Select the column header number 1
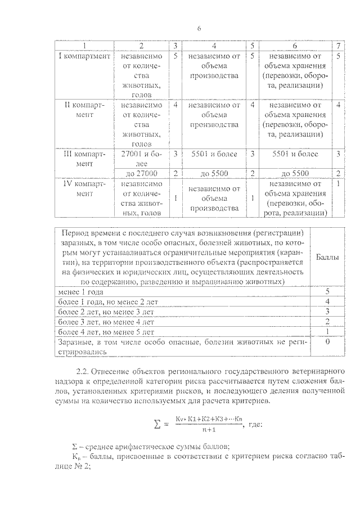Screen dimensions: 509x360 click(85, 46)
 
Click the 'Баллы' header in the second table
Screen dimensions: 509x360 click(326, 257)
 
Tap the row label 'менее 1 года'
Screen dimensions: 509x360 click(81, 292)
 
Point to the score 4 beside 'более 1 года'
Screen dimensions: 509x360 click(326, 302)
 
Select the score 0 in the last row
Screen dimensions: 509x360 click(326, 342)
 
